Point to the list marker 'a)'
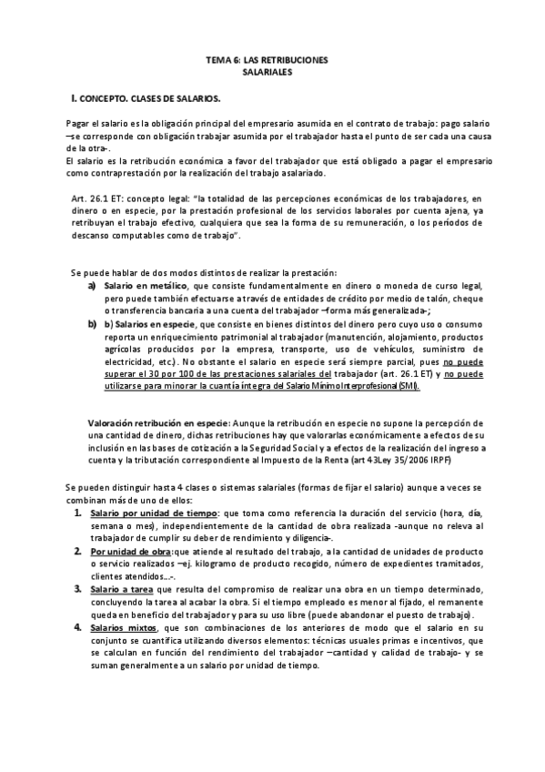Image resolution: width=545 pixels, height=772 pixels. [93, 286]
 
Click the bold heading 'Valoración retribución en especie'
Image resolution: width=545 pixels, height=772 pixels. [158, 423]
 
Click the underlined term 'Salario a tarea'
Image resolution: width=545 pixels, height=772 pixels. [124, 589]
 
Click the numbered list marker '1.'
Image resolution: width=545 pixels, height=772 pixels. [78, 513]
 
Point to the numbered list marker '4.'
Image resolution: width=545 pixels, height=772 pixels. [78, 627]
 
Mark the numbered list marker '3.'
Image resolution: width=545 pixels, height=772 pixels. [78, 589]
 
